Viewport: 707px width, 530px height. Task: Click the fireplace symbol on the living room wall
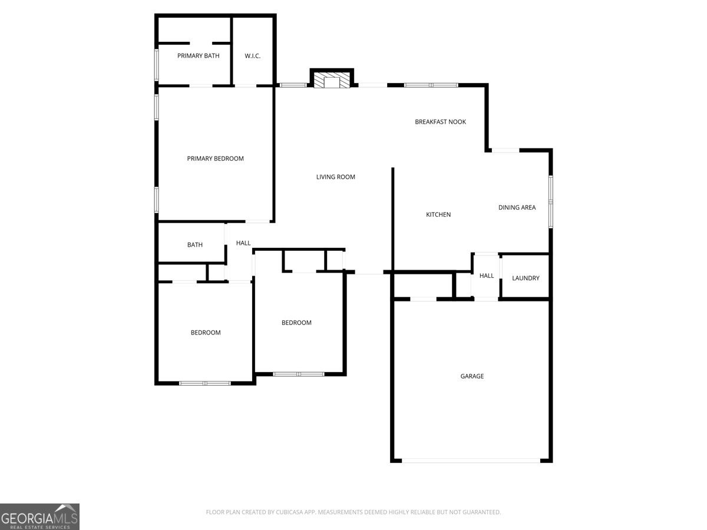click(x=332, y=81)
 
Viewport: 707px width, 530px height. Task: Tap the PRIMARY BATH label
click(x=199, y=56)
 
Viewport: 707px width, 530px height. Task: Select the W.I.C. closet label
click(x=253, y=56)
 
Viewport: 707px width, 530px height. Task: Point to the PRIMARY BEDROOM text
click(x=215, y=158)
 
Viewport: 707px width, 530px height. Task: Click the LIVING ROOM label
click(x=336, y=177)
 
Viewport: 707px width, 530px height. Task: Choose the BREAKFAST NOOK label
click(x=440, y=122)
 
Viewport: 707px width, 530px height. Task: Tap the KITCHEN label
click(x=438, y=214)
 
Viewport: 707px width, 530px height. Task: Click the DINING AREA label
click(x=517, y=207)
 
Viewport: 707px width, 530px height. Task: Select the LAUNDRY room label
click(x=526, y=278)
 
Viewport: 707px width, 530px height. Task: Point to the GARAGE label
click(x=472, y=376)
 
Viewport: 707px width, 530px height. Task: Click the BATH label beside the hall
click(x=195, y=244)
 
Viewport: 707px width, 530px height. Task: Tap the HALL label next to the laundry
click(x=487, y=276)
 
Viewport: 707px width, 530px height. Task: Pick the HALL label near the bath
click(x=243, y=243)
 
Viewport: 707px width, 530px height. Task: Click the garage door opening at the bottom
click(x=471, y=461)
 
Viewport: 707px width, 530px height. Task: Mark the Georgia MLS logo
click(x=39, y=516)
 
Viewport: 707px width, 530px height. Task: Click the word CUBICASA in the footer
click(x=291, y=512)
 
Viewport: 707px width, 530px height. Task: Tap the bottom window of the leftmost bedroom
click(x=204, y=383)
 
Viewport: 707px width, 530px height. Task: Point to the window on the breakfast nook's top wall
click(x=431, y=85)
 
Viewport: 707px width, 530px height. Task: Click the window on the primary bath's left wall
click(x=157, y=64)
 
